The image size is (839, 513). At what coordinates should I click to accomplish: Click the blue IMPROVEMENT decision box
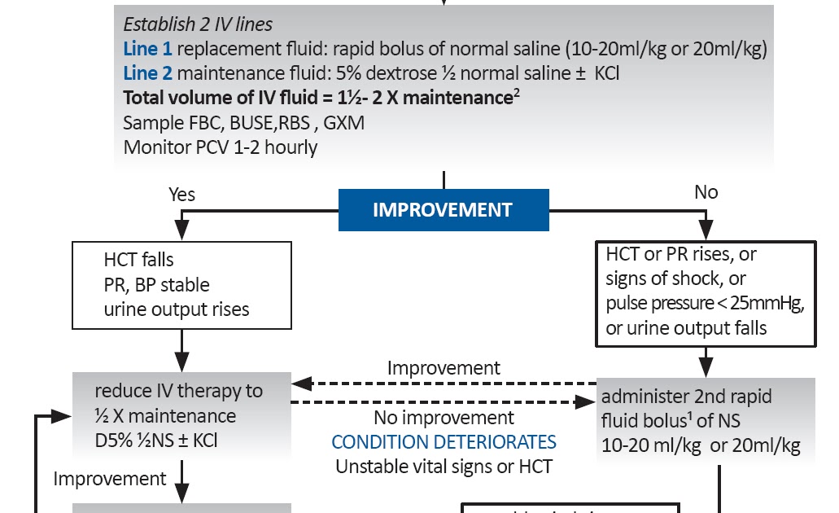tap(443, 210)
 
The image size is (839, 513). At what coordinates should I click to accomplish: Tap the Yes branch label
tap(181, 195)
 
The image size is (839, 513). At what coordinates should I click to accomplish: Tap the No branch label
tap(706, 192)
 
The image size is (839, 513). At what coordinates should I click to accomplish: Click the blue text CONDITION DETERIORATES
tap(444, 442)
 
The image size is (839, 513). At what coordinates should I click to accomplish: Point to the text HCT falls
tap(139, 261)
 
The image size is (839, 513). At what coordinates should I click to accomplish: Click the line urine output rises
tap(177, 309)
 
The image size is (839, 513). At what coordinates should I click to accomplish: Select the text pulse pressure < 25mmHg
tap(705, 304)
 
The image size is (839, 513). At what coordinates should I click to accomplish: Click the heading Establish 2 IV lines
tap(198, 24)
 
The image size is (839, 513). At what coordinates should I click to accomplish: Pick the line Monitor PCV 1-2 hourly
tap(220, 147)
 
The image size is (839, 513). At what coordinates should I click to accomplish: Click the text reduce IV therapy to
tap(178, 391)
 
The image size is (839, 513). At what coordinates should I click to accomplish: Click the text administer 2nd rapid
tap(686, 397)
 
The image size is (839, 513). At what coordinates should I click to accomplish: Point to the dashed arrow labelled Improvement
tap(444, 383)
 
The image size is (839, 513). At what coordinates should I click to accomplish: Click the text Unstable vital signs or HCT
tap(444, 467)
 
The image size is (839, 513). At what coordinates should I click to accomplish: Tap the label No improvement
tap(444, 419)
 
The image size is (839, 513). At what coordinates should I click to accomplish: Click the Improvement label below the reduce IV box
tap(110, 479)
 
